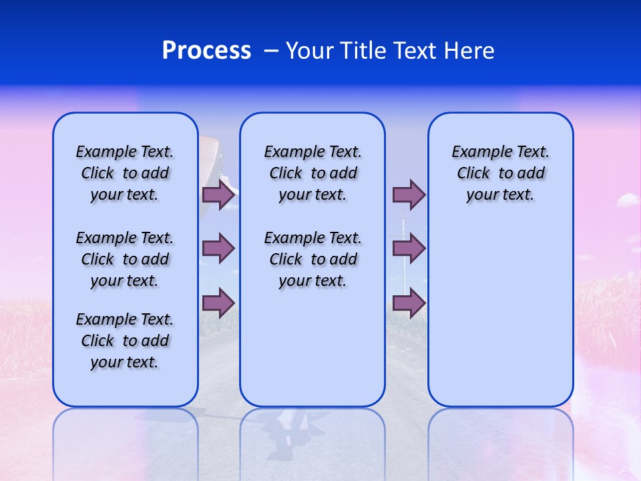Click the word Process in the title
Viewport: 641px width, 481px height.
206,51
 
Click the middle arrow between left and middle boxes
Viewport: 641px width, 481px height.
218,249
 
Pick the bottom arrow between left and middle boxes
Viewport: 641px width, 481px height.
218,303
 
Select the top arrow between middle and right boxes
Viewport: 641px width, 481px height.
409,194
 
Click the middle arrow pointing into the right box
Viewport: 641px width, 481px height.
409,249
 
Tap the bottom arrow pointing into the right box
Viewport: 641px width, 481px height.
409,303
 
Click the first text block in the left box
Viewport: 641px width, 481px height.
125,173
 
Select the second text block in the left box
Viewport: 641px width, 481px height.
125,259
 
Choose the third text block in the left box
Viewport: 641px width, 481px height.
125,341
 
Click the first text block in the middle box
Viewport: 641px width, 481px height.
312,173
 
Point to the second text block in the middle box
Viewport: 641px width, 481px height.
312,259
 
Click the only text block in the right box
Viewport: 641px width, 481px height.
500,173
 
